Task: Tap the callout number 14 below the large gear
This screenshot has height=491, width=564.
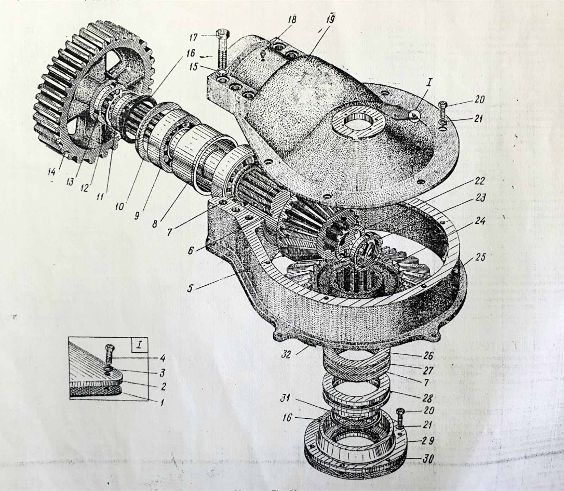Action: pyautogui.click(x=52, y=172)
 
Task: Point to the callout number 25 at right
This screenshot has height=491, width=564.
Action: pyautogui.click(x=480, y=257)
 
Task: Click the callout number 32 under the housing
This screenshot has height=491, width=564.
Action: pyautogui.click(x=286, y=354)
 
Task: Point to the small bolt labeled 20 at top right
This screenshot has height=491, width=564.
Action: pyautogui.click(x=443, y=107)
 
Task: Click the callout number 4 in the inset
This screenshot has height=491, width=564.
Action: pyautogui.click(x=162, y=359)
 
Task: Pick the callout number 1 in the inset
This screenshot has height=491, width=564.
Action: pyautogui.click(x=162, y=402)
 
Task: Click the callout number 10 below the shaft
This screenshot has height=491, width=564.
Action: pyautogui.click(x=119, y=206)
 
